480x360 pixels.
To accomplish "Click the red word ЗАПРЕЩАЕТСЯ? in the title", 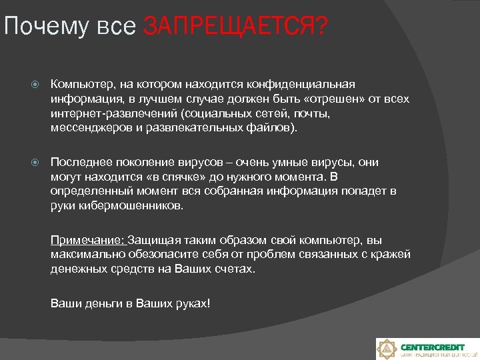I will coord(235,27).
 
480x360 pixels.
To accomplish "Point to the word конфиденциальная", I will coord(301,85).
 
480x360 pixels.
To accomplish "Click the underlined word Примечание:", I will coord(87,240).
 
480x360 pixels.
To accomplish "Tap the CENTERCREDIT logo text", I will coord(433,347).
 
